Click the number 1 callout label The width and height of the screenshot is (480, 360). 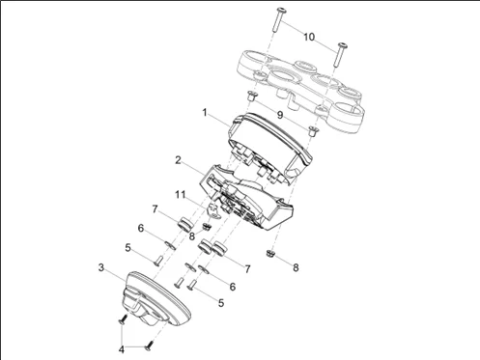(x=205, y=112)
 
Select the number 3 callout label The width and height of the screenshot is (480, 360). (x=101, y=264)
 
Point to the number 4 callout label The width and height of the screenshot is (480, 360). (x=122, y=347)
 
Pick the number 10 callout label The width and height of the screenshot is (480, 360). (x=308, y=37)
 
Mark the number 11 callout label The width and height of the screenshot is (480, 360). (x=180, y=195)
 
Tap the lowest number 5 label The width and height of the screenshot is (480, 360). (x=221, y=302)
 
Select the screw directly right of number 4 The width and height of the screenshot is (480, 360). (x=148, y=345)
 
